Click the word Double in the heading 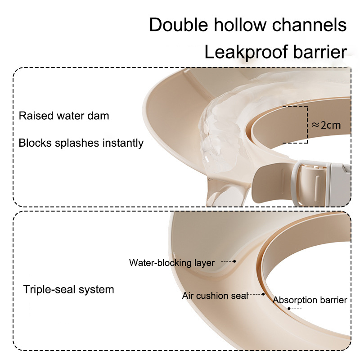click(x=179, y=25)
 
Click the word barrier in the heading click(x=320, y=52)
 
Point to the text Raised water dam click(x=64, y=116)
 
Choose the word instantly click(x=123, y=143)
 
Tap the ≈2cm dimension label click(x=326, y=125)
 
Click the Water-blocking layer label click(x=172, y=263)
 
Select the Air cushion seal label click(x=216, y=296)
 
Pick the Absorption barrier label click(x=310, y=300)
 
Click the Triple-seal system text click(x=69, y=289)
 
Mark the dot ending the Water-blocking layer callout click(x=234, y=261)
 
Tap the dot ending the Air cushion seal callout click(x=263, y=294)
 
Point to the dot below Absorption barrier click(x=289, y=309)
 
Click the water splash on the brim click(x=220, y=129)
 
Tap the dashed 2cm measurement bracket click(x=307, y=125)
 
